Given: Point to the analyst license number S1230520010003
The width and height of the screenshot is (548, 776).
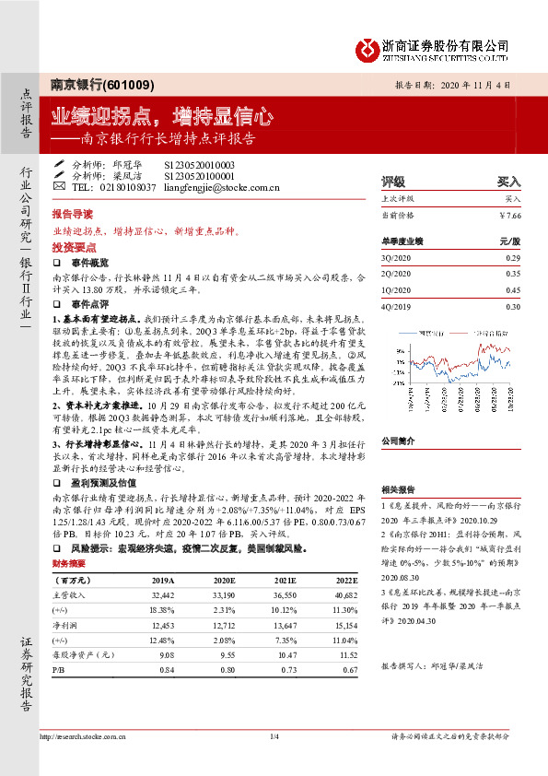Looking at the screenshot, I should point(200,164).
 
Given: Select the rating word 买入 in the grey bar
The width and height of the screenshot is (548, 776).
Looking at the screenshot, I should point(508,182).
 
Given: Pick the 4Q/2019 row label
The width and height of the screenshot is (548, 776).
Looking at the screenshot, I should point(394,306).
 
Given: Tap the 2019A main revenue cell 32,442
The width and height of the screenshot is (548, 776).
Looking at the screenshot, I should point(162,596).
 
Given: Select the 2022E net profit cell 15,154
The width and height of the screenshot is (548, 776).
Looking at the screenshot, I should point(344,626).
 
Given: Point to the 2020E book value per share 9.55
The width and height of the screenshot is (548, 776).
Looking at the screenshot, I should point(226,655).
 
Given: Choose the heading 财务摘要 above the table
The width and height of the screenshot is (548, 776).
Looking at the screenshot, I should point(69,563).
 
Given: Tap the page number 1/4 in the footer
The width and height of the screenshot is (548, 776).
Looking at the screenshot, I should point(274,735).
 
